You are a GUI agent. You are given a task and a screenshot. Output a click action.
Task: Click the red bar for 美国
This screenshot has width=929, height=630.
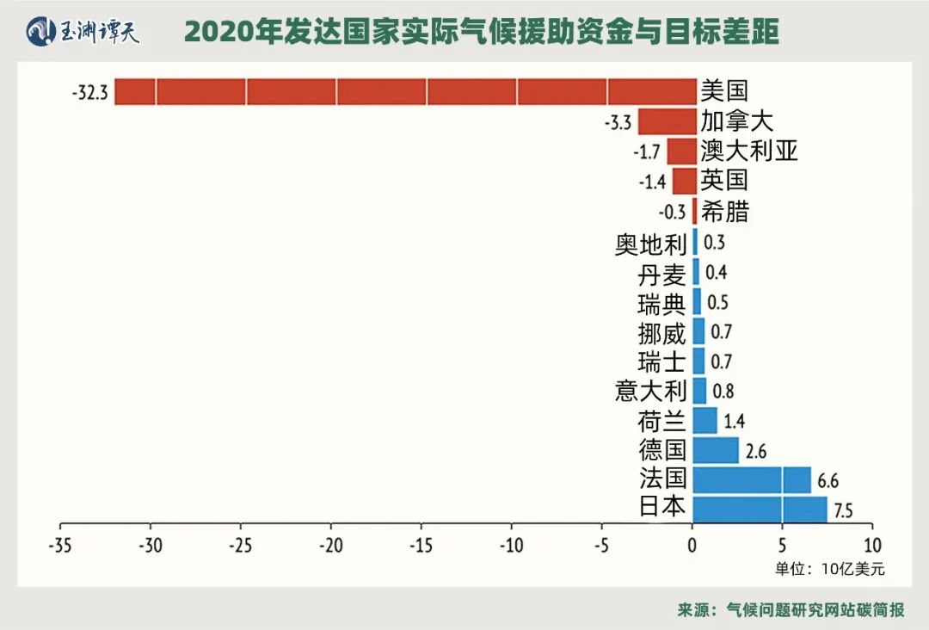(x=404, y=91)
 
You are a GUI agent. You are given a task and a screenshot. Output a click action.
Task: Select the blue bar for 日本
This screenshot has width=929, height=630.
(x=759, y=509)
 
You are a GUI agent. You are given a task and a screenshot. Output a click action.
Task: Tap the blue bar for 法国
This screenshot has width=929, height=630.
(x=751, y=479)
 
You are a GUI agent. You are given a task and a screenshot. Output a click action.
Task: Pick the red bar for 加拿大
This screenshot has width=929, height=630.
(x=667, y=121)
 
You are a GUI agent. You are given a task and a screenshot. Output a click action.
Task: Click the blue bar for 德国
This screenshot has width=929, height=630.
(x=715, y=450)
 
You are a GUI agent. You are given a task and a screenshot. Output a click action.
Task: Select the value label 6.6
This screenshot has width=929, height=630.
(x=827, y=480)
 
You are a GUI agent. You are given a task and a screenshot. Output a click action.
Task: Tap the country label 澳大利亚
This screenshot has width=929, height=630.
(x=748, y=151)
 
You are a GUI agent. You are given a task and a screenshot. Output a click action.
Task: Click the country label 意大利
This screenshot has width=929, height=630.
(x=650, y=391)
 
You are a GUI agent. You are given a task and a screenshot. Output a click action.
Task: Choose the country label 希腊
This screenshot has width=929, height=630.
(x=724, y=211)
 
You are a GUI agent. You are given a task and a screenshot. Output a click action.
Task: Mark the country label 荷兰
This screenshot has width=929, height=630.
(x=661, y=421)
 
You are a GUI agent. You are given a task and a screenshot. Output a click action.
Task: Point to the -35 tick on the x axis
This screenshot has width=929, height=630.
(x=60, y=545)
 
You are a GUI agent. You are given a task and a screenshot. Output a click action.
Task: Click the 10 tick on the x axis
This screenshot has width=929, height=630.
(x=871, y=545)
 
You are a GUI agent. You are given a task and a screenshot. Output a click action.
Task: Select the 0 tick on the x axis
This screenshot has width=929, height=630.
(x=692, y=545)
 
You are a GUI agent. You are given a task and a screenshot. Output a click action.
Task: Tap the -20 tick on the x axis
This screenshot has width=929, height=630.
(x=330, y=545)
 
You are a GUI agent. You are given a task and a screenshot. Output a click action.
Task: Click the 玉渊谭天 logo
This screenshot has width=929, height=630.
(x=83, y=32)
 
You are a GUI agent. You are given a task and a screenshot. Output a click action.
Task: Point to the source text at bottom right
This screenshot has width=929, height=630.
(x=791, y=609)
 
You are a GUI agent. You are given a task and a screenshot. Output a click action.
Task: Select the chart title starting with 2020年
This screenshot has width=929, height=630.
(x=482, y=32)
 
